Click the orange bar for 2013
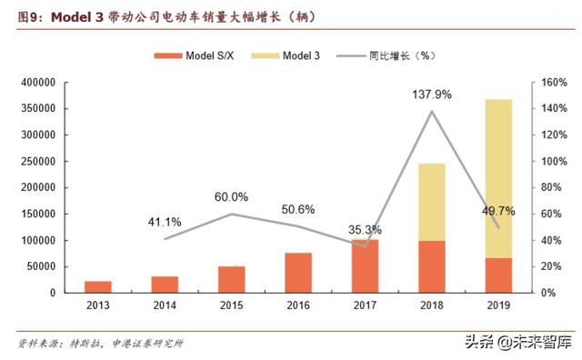(x=99, y=287)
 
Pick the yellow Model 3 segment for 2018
(x=432, y=202)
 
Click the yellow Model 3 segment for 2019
(x=498, y=178)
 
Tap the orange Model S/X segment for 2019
(x=498, y=275)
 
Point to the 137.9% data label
(x=431, y=93)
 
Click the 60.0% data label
(x=231, y=197)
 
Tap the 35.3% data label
(x=365, y=229)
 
